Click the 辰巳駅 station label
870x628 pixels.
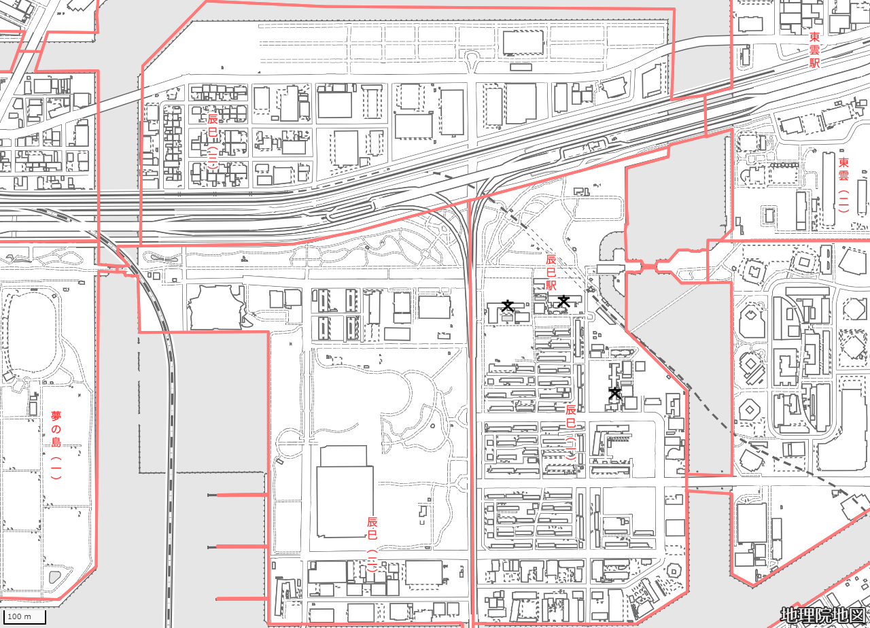551,272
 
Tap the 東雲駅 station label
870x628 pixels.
814,50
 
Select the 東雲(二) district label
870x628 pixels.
843,184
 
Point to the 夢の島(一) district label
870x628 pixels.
56,445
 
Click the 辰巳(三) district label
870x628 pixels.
213,141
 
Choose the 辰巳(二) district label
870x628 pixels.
372,544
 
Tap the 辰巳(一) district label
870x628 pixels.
570,432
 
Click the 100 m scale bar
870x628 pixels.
24,616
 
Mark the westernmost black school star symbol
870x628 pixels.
507,306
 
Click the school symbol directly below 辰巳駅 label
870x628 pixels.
563,301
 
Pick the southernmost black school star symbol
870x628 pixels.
614,393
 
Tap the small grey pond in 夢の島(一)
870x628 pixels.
54,577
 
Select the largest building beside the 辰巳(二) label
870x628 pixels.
345,491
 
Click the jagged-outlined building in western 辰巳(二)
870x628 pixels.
216,307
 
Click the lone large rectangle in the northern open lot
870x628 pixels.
523,42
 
